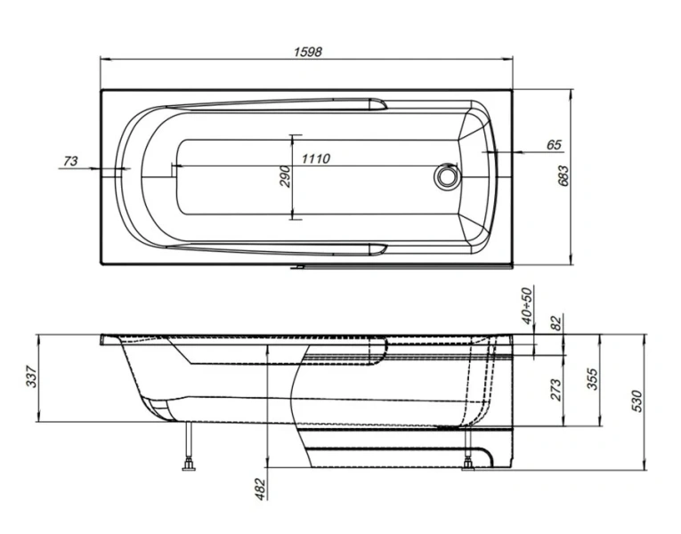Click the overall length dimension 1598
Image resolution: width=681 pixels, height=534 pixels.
(307, 52)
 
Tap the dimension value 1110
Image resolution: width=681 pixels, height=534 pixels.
(316, 158)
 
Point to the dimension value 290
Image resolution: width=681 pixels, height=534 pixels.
(285, 176)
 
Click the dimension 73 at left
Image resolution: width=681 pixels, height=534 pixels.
(71, 160)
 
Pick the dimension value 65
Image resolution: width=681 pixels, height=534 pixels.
(553, 144)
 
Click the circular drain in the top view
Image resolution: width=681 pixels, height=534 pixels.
(445, 176)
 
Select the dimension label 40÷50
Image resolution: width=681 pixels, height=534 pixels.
(526, 305)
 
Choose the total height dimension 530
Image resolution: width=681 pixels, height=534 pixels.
(636, 401)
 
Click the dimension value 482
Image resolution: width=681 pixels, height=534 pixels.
(258, 488)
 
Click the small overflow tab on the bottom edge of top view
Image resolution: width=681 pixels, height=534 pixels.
(301, 265)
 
